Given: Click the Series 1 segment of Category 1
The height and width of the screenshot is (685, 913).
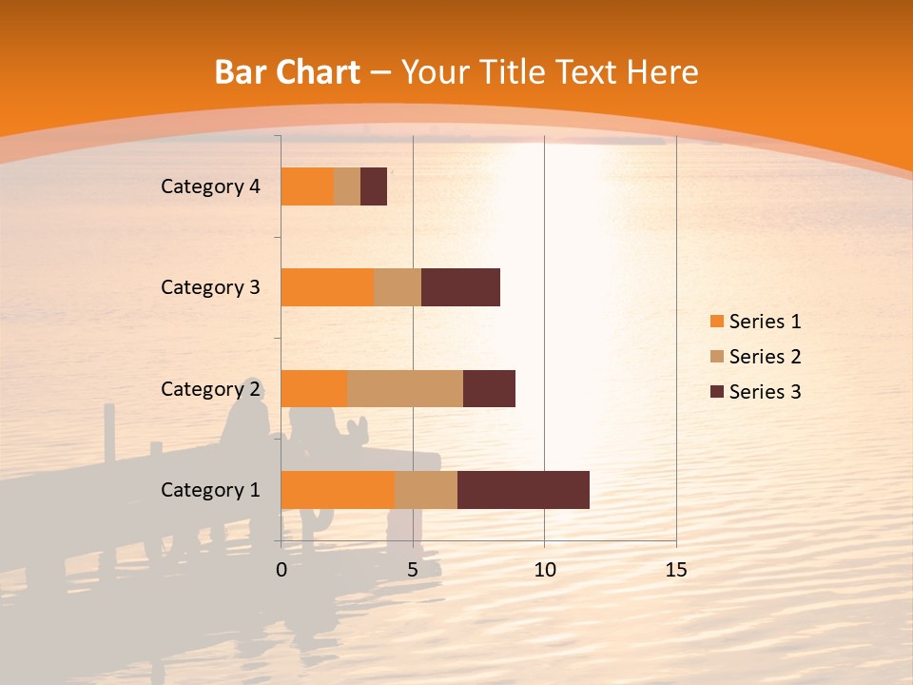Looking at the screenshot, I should tap(338, 489).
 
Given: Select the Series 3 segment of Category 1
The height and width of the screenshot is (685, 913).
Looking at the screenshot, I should tap(523, 489).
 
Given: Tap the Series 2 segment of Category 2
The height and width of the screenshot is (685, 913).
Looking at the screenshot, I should tap(405, 388).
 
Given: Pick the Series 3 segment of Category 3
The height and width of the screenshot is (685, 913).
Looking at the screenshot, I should tap(460, 287).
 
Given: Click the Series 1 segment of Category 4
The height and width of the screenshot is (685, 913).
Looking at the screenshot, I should tap(307, 186).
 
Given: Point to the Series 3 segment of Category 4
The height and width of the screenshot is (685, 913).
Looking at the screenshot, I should tap(374, 186).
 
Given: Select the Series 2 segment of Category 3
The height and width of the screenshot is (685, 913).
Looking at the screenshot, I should tap(398, 287).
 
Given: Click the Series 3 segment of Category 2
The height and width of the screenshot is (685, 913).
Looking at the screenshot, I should tap(489, 388).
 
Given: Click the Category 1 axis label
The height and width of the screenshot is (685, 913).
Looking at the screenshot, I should tap(210, 490).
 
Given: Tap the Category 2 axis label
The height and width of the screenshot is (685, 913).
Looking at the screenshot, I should tap(210, 389).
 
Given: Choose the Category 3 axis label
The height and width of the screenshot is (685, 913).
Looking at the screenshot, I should tap(210, 287).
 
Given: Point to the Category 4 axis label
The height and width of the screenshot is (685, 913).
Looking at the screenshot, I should tap(210, 186).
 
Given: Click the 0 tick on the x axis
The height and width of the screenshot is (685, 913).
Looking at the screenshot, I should tap(282, 570).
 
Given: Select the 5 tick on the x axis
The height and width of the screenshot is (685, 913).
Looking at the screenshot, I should tap(413, 570).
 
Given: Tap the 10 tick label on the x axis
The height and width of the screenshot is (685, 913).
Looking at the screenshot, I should tap(544, 570).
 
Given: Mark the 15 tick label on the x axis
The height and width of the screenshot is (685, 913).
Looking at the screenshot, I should tap(676, 570).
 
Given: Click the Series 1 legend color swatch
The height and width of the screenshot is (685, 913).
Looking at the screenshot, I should tap(716, 322).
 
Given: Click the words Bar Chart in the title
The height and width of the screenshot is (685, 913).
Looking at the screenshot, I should tap(287, 72).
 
